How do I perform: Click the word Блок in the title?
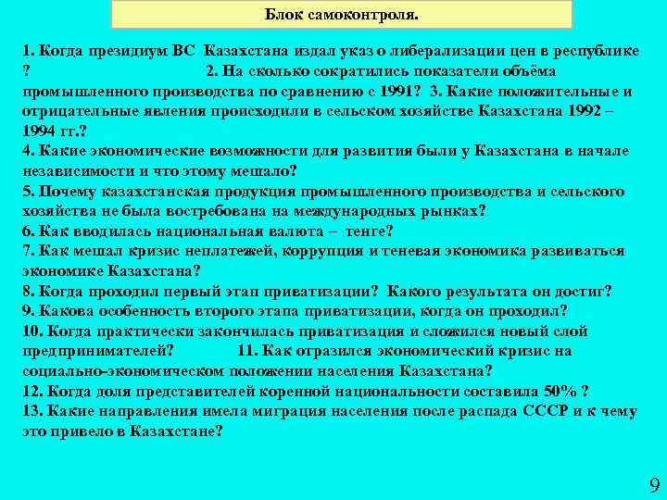point(283,15)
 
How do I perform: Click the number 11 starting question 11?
point(247,351)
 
